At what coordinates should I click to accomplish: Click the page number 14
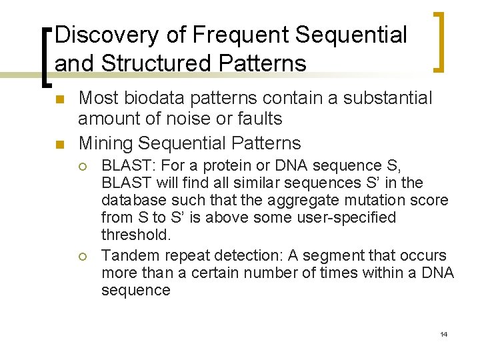point(443,334)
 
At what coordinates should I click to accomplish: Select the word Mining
point(105,143)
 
